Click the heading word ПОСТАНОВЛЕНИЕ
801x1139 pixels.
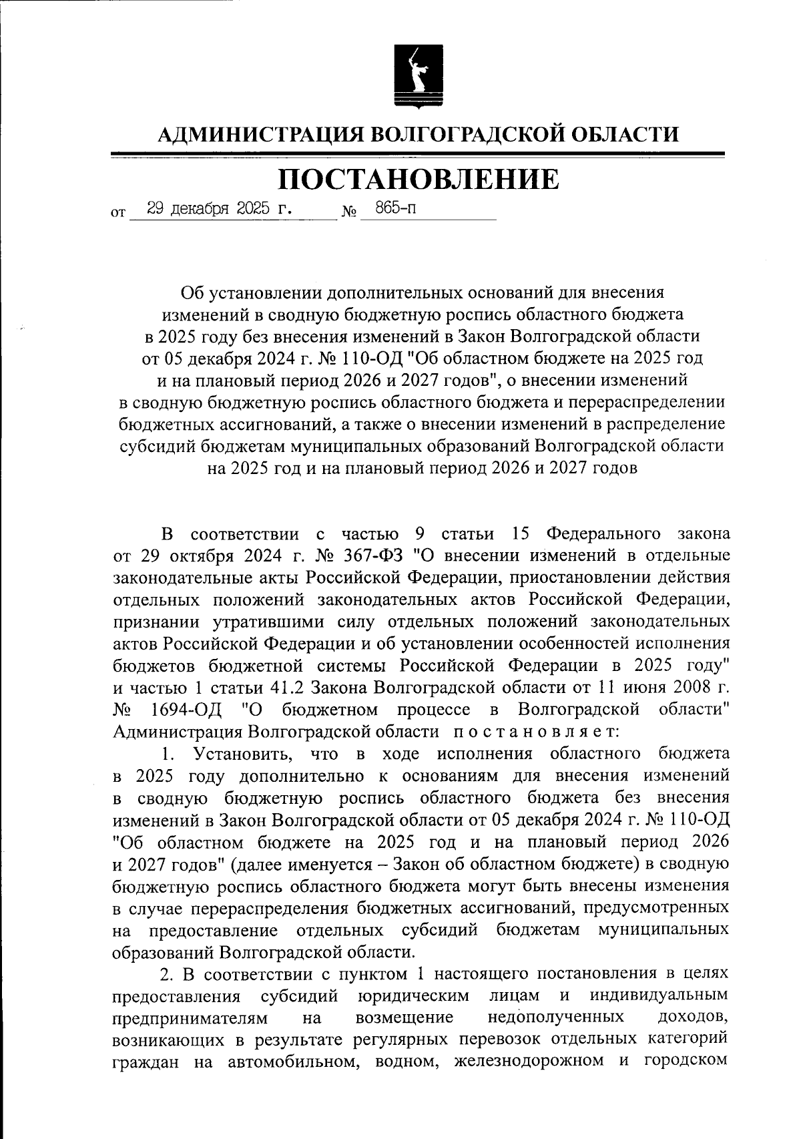[x=419, y=179]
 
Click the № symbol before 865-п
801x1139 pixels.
[x=348, y=214]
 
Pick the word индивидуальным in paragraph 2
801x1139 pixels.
[x=659, y=995]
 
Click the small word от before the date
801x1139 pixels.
[x=117, y=214]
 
